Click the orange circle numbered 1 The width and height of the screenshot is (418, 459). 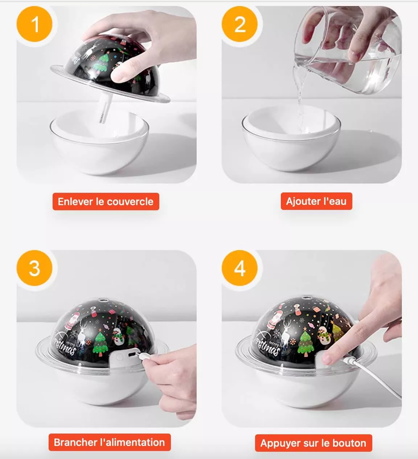(x=34, y=24)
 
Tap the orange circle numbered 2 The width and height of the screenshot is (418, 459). (x=239, y=24)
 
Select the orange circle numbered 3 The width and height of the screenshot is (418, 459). (x=34, y=268)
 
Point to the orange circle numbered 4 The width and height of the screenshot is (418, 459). (x=239, y=268)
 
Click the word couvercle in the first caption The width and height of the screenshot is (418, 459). (x=130, y=202)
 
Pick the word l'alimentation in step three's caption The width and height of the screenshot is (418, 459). (x=132, y=442)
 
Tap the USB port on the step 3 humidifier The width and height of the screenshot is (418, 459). (x=131, y=355)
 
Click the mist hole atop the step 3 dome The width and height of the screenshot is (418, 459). (x=102, y=299)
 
